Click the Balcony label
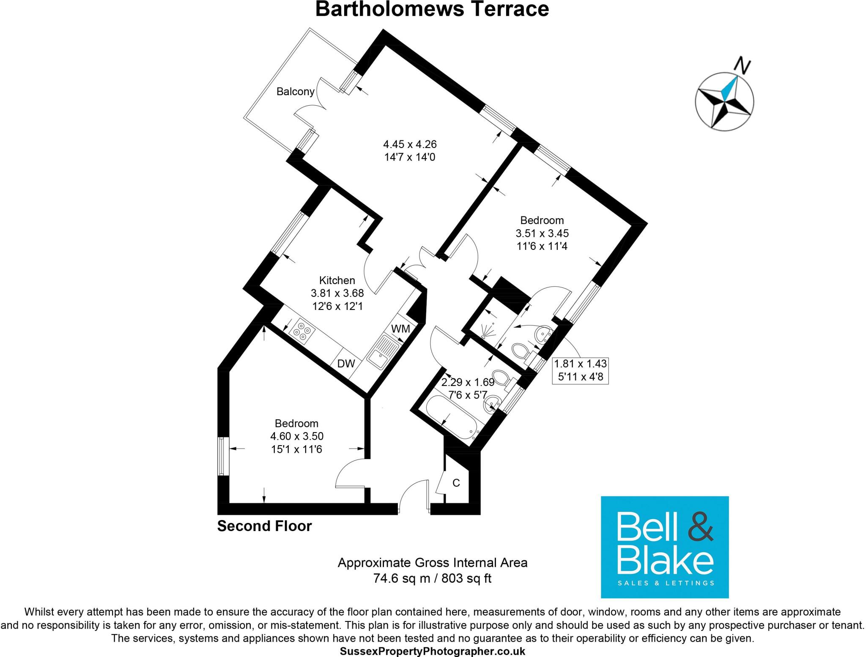tap(295, 92)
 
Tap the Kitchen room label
tap(337, 280)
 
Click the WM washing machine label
tap(400, 328)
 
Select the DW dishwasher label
tap(345, 364)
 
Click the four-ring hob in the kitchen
tap(302, 331)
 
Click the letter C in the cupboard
tap(456, 483)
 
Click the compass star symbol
tap(724, 102)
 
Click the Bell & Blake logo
tap(665, 547)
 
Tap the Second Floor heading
tap(264, 526)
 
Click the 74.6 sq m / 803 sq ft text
tap(432, 578)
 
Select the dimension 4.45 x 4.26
tap(410, 144)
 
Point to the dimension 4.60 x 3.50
tap(297, 436)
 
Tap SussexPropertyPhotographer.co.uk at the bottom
tap(432, 651)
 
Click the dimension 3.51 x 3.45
tap(542, 233)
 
